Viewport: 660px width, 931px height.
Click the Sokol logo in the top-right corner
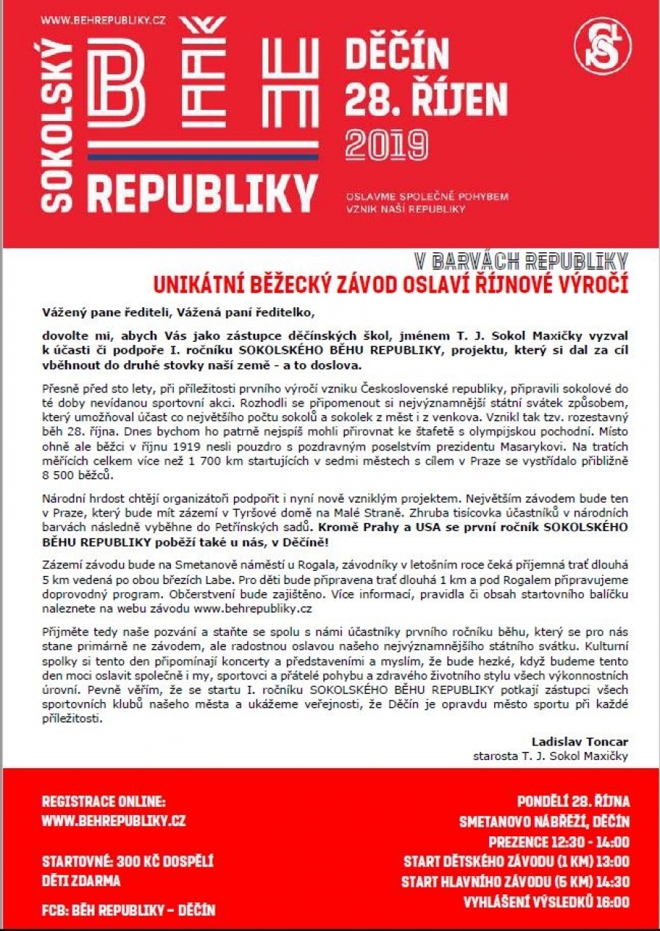(602, 45)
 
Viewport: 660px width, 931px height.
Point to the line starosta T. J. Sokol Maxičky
(550, 756)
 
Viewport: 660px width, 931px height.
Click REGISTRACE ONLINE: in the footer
(103, 801)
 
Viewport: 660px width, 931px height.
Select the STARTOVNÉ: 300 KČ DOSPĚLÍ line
(128, 861)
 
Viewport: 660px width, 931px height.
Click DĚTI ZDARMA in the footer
(81, 880)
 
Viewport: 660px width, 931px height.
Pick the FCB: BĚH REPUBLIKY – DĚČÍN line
(128, 910)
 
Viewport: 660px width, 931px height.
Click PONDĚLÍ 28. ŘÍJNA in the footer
(573, 801)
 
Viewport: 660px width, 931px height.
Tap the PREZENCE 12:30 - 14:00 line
(559, 841)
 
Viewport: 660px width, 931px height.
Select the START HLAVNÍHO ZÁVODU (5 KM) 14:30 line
(515, 882)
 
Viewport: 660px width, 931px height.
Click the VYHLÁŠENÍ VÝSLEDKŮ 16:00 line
(546, 902)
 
